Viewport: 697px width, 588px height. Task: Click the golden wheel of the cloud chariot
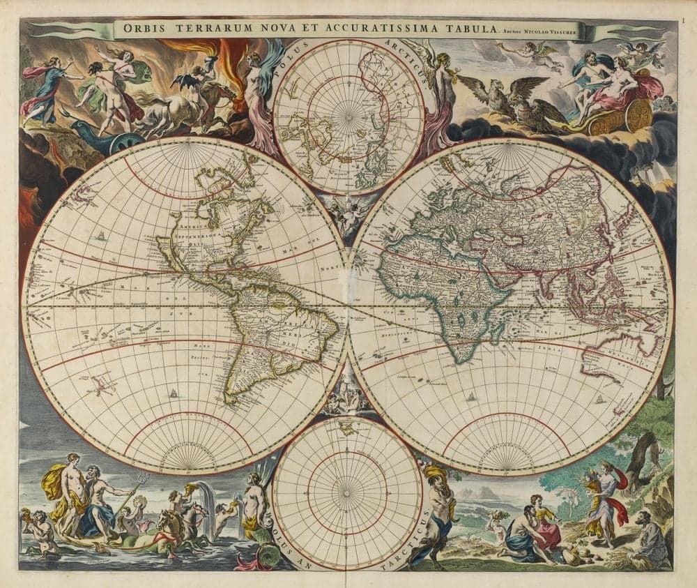point(637,115)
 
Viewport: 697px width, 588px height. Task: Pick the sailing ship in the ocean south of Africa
point(473,397)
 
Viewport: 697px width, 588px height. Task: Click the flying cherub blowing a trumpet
point(530,56)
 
